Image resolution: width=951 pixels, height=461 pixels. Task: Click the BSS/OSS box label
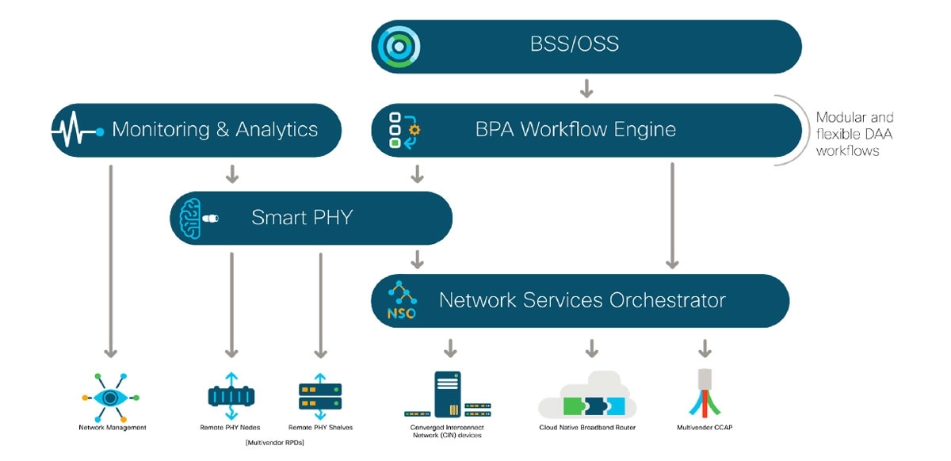tap(574, 44)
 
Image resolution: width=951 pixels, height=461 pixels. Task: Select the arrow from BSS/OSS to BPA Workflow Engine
tap(586, 87)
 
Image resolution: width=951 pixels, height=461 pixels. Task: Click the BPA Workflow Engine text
tap(575, 130)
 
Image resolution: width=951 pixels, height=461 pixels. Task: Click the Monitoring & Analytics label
tap(215, 130)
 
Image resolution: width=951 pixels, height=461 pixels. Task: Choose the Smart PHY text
tap(302, 218)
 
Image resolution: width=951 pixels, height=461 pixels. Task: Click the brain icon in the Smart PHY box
tap(193, 218)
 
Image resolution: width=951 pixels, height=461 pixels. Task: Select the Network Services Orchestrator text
tap(582, 301)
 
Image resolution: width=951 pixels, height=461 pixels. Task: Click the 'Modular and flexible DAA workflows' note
tap(854, 134)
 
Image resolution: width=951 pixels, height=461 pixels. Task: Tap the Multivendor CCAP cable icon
tap(705, 393)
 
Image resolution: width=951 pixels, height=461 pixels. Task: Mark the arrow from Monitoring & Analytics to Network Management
tap(111, 261)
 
